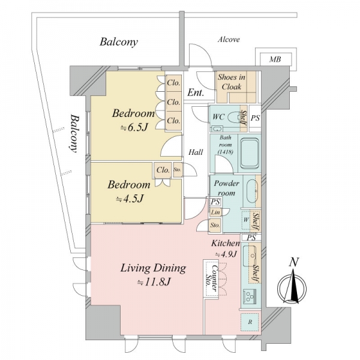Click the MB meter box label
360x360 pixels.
coord(275,59)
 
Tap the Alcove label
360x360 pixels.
coord(229,40)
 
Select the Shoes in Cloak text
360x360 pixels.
coord(232,82)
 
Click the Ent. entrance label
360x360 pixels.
coord(196,93)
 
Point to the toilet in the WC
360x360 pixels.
coord(234,118)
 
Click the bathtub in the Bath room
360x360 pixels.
coord(250,153)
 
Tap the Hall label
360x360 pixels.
coord(196,152)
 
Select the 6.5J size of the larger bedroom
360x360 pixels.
coord(134,128)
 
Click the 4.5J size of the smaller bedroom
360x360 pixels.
coord(130,199)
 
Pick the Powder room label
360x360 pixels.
coord(226,188)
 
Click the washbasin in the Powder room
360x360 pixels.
coord(252,191)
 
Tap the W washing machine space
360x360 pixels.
coord(246,220)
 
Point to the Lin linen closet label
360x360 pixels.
coord(215,212)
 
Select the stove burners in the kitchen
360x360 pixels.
coord(250,296)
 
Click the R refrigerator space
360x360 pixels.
coord(250,322)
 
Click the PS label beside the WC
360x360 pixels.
coord(255,118)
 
